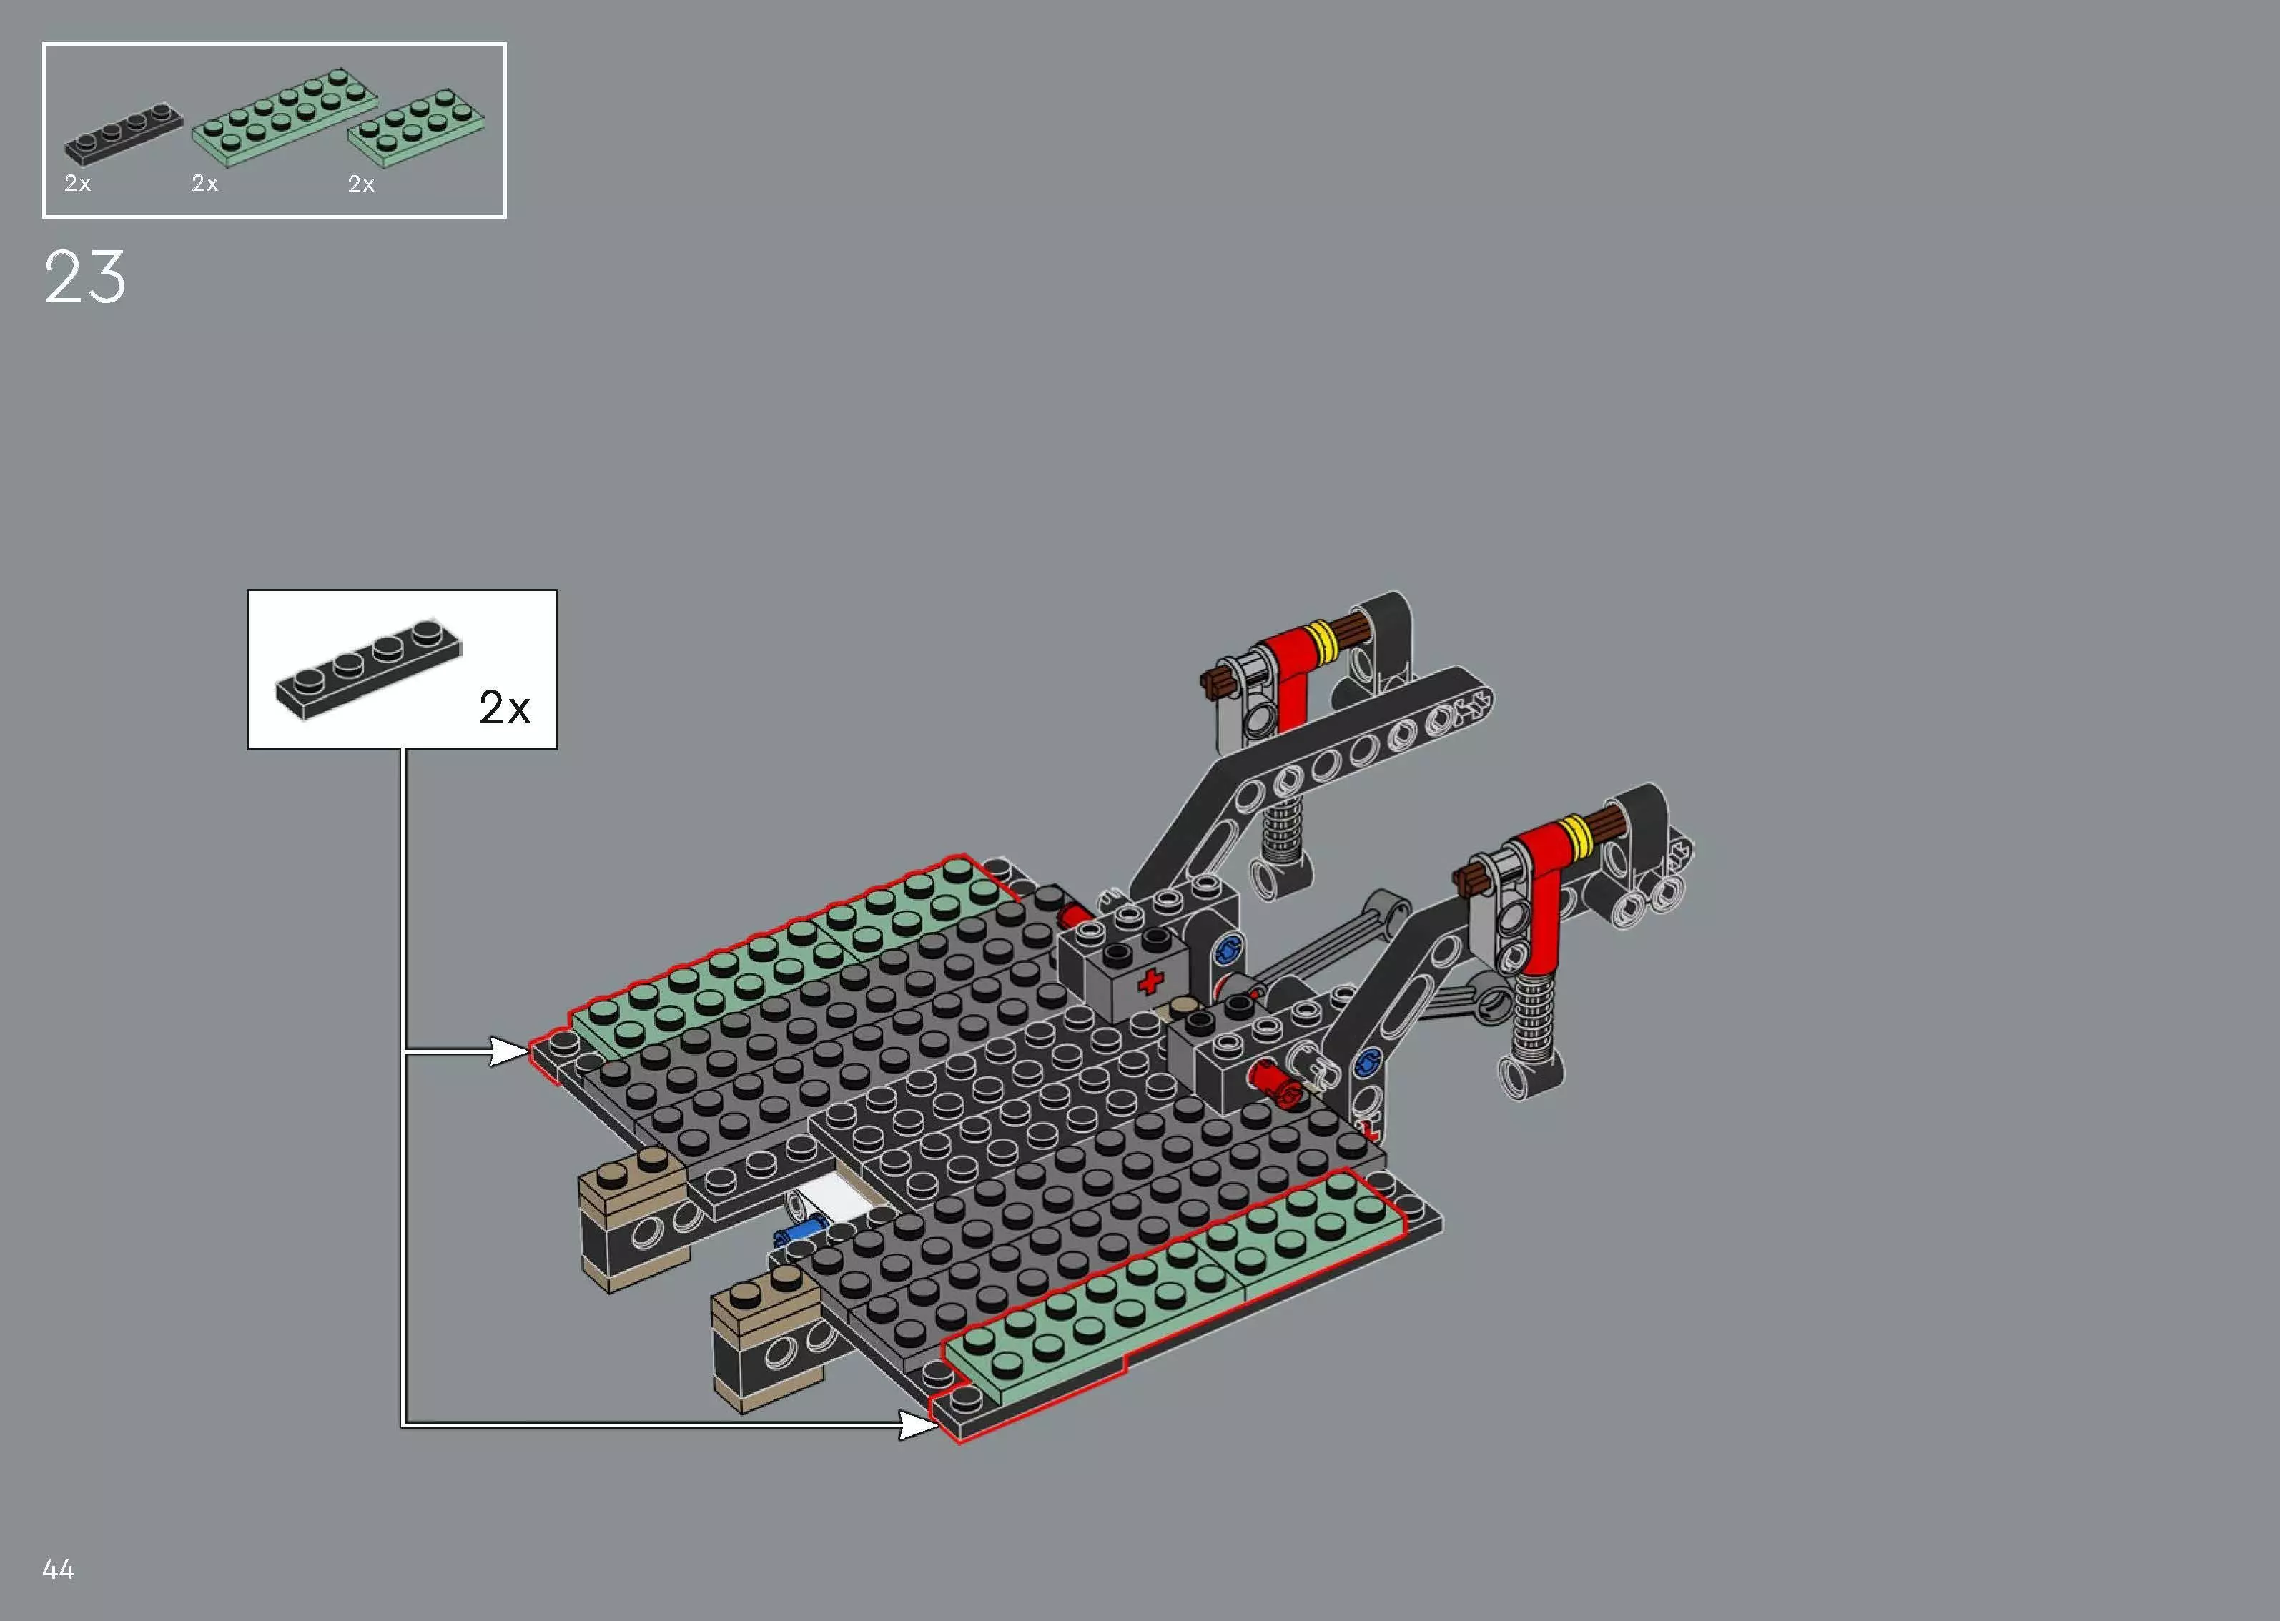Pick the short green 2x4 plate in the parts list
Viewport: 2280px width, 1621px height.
tap(418, 128)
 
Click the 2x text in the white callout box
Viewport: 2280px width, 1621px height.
tap(504, 708)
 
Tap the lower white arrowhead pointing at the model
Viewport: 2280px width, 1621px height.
tap(917, 1424)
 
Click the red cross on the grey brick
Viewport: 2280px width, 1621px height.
tap(1150, 981)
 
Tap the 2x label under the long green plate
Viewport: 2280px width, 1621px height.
tap(204, 184)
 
